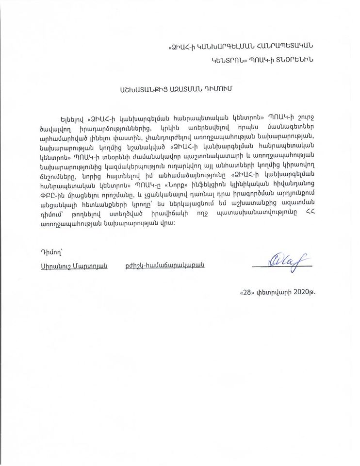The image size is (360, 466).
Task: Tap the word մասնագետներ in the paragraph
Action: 291,128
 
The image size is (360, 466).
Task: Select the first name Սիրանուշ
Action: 52,266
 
